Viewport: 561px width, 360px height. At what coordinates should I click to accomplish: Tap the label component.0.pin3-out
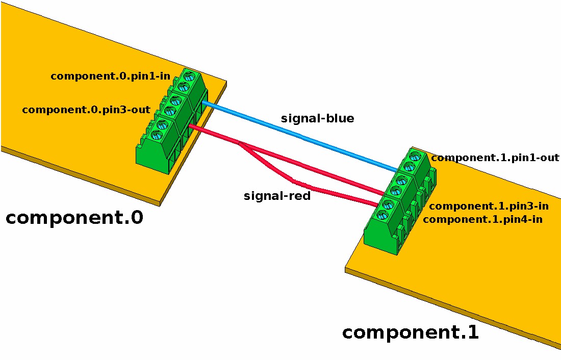coord(86,110)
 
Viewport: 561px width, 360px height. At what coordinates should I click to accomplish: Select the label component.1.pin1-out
coord(495,158)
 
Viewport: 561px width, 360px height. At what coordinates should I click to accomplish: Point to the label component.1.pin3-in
coord(489,207)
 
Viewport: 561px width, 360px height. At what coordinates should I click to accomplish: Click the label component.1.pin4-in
coord(482,220)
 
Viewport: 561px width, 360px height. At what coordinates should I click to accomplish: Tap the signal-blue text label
coord(317,119)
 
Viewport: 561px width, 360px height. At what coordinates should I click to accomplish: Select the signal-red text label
coord(277,196)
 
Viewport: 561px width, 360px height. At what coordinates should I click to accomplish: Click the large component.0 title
coord(74,218)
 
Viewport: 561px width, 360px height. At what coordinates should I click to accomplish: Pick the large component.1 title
coord(411,332)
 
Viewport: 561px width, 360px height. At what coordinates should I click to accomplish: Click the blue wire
coord(301,136)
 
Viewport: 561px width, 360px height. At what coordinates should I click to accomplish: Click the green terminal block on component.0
coord(171,122)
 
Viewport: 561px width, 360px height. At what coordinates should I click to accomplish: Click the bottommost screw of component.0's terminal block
coord(157,135)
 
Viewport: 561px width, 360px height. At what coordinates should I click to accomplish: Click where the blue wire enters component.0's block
coord(203,103)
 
